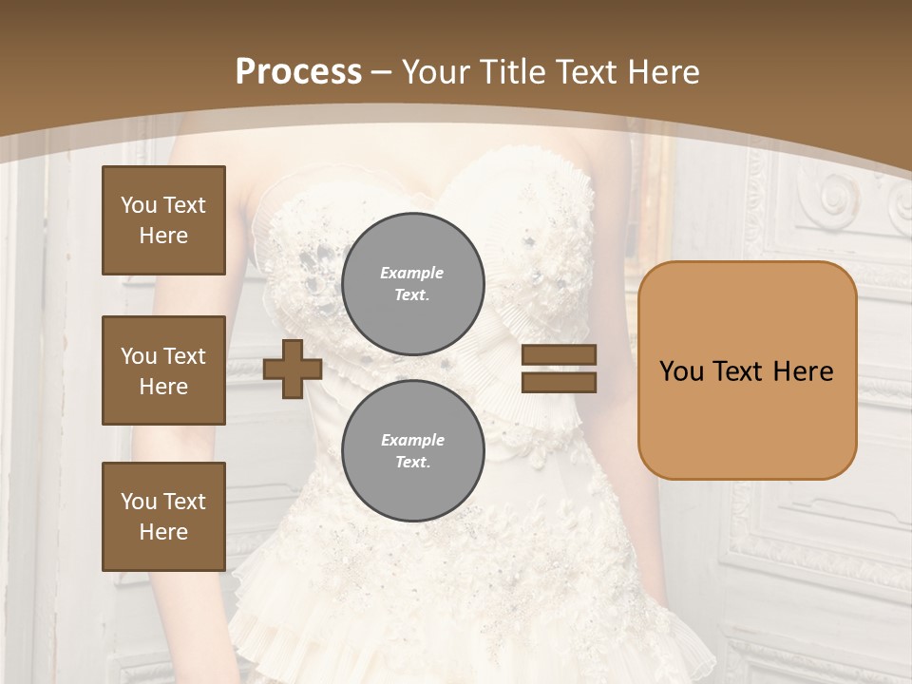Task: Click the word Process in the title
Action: [x=298, y=72]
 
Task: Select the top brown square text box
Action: [x=163, y=220]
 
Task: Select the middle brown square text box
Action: [x=163, y=370]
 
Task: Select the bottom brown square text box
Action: [x=163, y=517]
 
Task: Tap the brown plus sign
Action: [x=293, y=369]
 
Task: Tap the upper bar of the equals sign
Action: [x=559, y=354]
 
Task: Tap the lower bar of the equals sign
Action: [x=559, y=382]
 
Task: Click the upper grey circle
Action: [x=412, y=283]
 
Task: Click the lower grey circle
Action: [x=412, y=450]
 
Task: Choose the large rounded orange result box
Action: [x=747, y=370]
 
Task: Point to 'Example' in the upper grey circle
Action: [x=412, y=273]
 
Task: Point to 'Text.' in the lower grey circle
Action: [x=412, y=463]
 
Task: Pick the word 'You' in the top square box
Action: [x=139, y=205]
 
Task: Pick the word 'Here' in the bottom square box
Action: [x=163, y=532]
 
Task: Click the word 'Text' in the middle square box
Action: [x=184, y=356]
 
